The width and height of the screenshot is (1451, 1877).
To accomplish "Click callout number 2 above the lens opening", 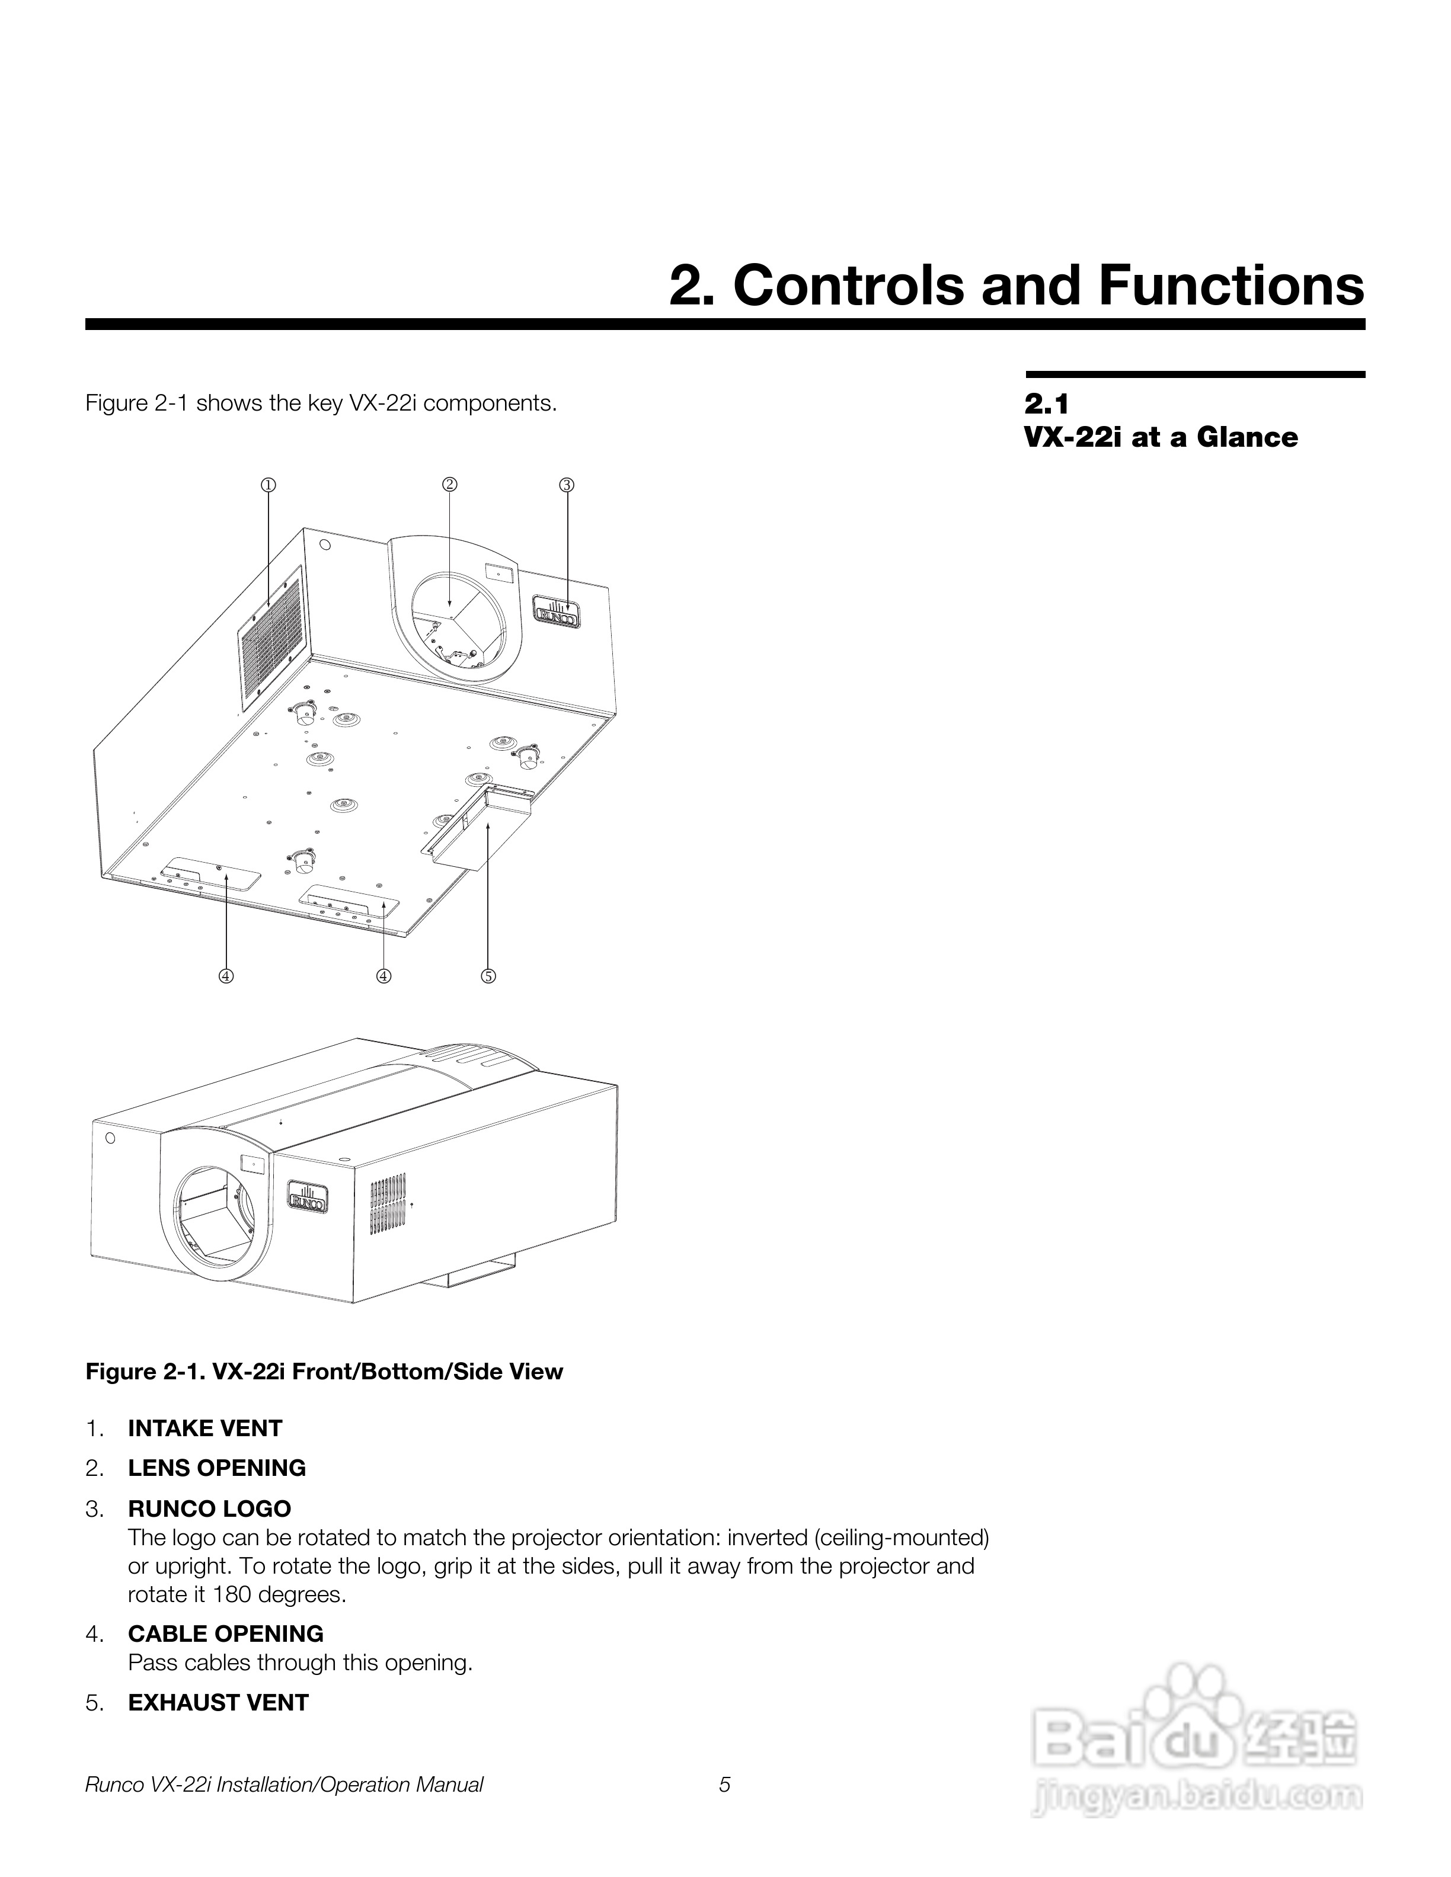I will [x=449, y=485].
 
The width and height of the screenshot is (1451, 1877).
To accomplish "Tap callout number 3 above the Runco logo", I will [x=567, y=485].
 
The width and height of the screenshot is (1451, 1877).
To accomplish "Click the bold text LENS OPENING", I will [x=216, y=1468].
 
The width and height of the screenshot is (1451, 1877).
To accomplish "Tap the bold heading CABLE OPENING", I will [x=225, y=1633].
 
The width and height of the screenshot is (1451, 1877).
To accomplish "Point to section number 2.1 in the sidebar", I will [x=1046, y=404].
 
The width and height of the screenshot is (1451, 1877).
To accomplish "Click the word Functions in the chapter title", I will [x=1231, y=286].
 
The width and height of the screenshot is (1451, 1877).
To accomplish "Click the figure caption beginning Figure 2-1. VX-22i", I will [x=324, y=1372].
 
